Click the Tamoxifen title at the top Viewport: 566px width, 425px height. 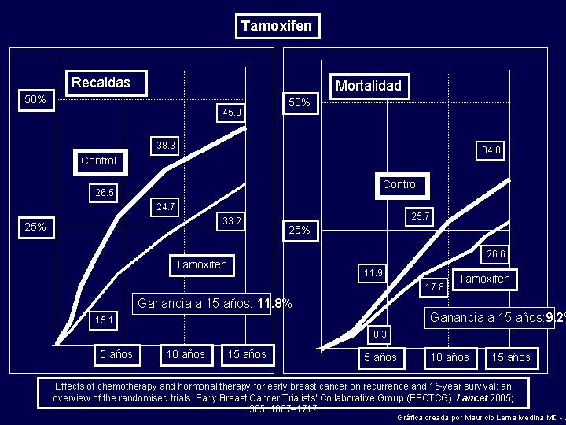(277, 26)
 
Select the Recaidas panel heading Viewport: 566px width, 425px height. (101, 83)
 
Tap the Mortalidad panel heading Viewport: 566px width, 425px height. (368, 86)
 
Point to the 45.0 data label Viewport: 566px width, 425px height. (231, 113)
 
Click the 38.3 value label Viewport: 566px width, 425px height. (166, 146)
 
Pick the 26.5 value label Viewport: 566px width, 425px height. (105, 193)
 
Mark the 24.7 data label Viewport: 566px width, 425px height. (166, 207)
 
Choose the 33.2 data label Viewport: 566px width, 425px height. (231, 221)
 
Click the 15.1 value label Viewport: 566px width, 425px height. (105, 320)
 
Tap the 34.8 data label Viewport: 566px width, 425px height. (491, 150)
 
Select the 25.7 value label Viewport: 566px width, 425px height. (421, 216)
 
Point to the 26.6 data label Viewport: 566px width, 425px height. (496, 254)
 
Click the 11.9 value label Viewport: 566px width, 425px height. (373, 273)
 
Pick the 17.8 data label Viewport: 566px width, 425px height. (435, 287)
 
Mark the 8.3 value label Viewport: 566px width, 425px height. (380, 334)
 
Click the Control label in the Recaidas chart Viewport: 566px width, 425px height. (98, 161)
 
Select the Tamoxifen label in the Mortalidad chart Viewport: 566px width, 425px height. (484, 279)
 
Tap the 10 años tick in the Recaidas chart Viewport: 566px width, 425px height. (186, 355)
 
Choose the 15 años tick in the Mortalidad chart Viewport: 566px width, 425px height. (511, 358)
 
